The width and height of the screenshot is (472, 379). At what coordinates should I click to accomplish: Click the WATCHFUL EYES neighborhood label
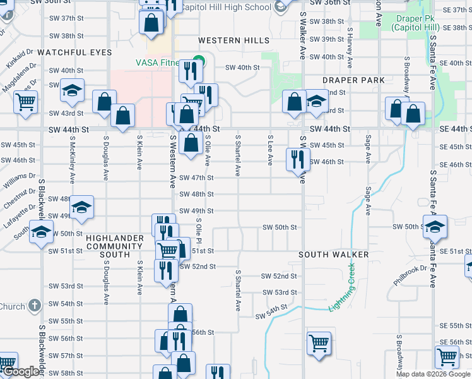coord(65,52)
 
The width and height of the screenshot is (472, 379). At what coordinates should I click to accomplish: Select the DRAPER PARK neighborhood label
coord(353,80)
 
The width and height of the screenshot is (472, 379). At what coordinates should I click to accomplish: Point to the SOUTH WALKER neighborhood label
coord(334,255)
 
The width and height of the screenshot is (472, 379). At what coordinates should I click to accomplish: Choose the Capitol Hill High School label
coord(226,7)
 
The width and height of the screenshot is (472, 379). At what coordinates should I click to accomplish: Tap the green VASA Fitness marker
coord(198,62)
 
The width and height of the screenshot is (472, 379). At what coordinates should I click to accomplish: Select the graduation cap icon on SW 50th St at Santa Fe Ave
coord(435,226)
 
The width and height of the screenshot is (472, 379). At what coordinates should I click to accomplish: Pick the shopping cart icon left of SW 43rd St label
coord(26,101)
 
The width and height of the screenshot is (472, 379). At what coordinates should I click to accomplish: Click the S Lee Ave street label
coord(270,151)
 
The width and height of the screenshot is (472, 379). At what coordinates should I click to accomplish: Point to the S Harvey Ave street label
coord(349,42)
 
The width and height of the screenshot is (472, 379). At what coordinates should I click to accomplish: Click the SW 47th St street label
coord(196,178)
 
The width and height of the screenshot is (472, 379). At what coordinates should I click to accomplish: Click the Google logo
coord(21,371)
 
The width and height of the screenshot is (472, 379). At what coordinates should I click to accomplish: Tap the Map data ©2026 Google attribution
coord(432,374)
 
